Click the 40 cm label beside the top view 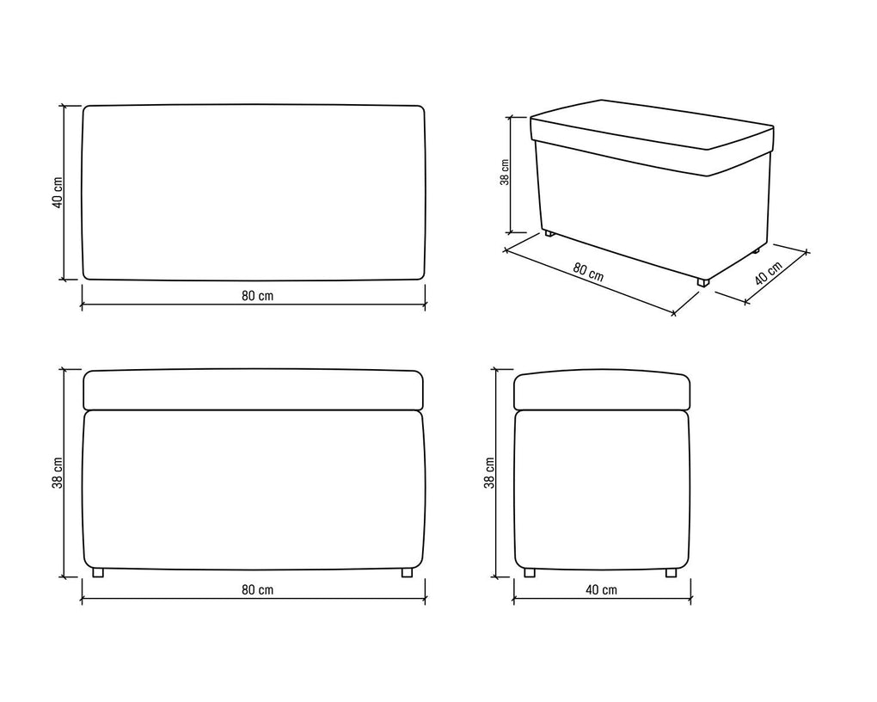[x=58, y=193]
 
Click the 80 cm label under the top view [x=258, y=296]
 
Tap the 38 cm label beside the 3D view [x=505, y=172]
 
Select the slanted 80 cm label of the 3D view [x=588, y=272]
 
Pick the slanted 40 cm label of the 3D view [x=768, y=273]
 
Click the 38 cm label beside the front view [x=58, y=473]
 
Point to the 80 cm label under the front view [x=258, y=589]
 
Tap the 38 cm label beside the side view [x=489, y=473]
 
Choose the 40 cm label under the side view [x=602, y=589]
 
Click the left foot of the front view [x=98, y=573]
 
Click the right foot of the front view [x=408, y=573]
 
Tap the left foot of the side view [x=529, y=573]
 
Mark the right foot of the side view [x=671, y=573]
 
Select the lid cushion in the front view [x=253, y=390]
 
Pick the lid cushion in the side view [x=602, y=390]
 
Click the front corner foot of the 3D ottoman [x=703, y=282]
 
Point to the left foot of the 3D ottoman [x=549, y=234]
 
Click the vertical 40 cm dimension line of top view [x=64, y=193]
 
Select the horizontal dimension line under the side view [x=602, y=599]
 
